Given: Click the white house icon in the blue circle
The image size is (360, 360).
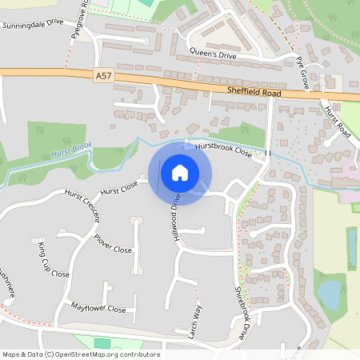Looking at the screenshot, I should (x=180, y=172).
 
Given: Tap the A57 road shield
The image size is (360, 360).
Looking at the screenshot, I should (x=102, y=75).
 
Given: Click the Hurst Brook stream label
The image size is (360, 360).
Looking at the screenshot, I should (x=70, y=149).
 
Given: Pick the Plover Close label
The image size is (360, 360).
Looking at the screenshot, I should (x=112, y=244).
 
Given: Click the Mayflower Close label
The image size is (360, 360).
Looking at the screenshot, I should (x=98, y=307).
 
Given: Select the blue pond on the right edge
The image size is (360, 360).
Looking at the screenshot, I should (x=329, y=295).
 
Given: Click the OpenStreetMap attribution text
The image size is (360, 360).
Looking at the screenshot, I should (x=80, y=354).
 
